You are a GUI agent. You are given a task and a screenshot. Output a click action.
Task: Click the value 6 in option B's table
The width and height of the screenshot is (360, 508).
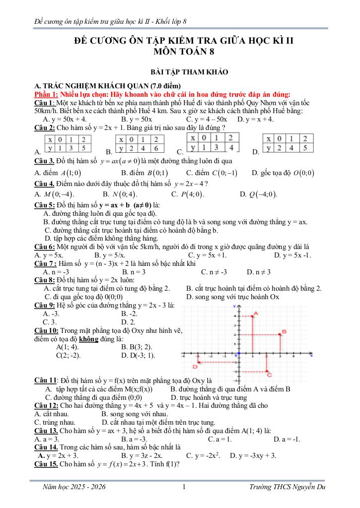tap(155, 148)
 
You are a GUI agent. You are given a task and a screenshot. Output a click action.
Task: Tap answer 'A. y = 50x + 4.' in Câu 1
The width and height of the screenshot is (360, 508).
tap(65, 119)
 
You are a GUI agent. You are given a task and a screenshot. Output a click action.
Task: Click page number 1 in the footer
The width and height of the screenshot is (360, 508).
tap(184, 488)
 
